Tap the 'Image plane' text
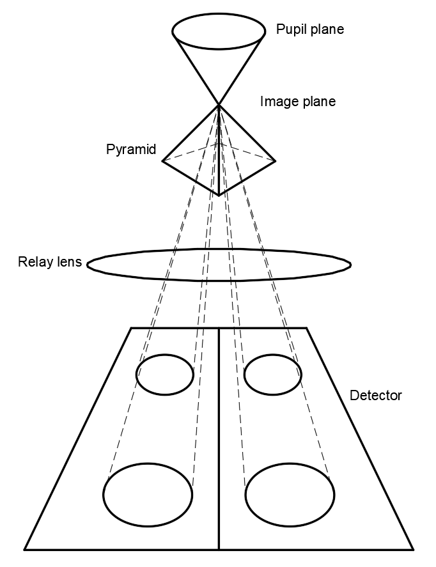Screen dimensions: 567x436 (x=297, y=101)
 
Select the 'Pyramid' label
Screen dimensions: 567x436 (x=130, y=149)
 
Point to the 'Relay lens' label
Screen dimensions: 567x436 (x=50, y=262)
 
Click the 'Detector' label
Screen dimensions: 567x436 (x=376, y=395)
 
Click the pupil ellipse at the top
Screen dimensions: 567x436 (x=219, y=29)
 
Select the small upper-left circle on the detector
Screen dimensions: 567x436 (x=165, y=375)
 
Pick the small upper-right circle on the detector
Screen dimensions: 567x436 (x=273, y=375)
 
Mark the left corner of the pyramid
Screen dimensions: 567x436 (x=162, y=160)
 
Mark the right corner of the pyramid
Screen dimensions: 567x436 (x=276, y=160)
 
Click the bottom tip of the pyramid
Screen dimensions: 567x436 (x=219, y=195)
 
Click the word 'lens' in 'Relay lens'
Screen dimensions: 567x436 (x=67, y=262)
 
